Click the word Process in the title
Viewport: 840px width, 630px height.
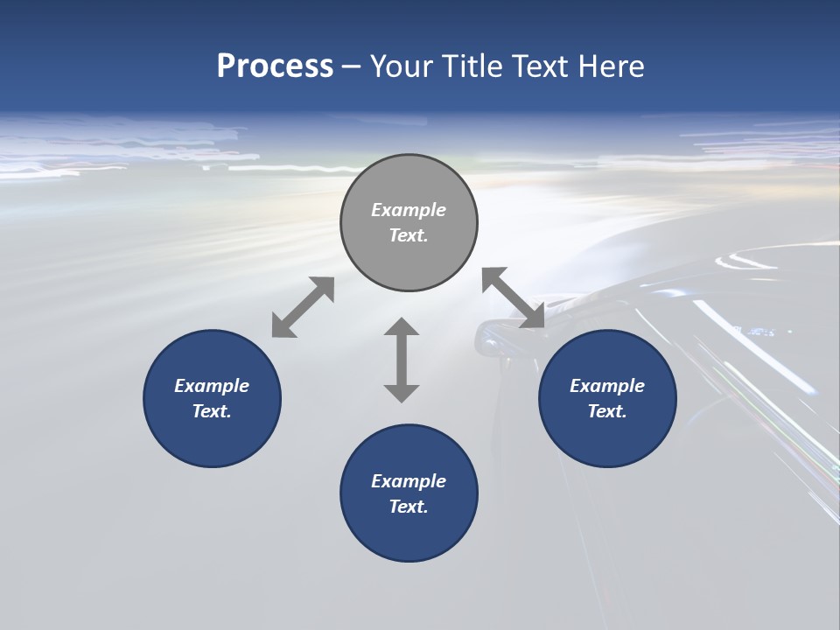pos(275,66)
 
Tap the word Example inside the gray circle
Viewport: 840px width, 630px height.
pos(409,210)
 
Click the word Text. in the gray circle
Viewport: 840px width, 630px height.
pos(409,235)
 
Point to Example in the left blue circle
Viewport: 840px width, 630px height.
pos(212,386)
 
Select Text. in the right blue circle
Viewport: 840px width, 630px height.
pos(607,411)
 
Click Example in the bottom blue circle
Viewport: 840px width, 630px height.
pos(409,481)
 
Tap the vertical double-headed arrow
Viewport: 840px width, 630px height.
pos(402,360)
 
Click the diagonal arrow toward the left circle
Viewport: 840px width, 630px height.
pos(303,307)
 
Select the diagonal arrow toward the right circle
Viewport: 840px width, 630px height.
pos(514,298)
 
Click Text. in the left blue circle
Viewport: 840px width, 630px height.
pos(212,411)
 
